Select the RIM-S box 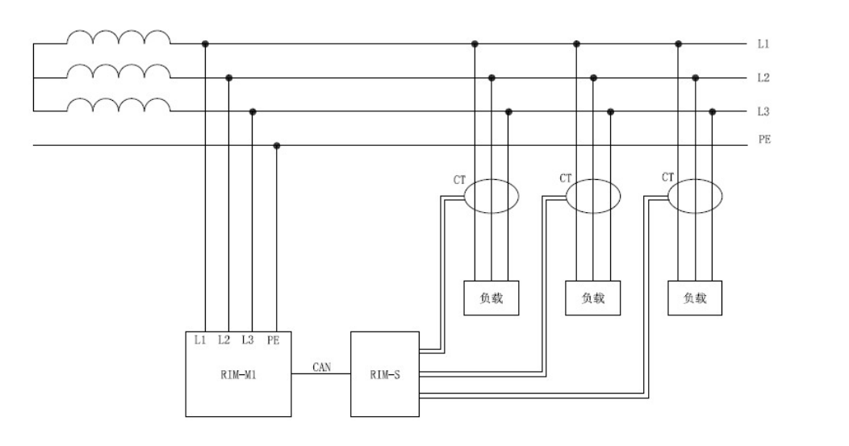[x=385, y=373]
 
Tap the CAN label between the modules [x=320, y=368]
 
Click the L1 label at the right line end [x=763, y=44]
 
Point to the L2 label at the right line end [x=763, y=77]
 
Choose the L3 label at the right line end [x=763, y=111]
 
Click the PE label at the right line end [x=763, y=140]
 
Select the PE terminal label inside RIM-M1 [x=274, y=340]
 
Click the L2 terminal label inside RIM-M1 [x=225, y=340]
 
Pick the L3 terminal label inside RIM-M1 [x=249, y=340]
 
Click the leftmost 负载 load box [x=491, y=298]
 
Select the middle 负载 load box [x=593, y=298]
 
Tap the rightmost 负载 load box [x=695, y=298]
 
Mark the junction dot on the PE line [x=277, y=146]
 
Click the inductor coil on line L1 [x=118, y=38]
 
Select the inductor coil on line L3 [x=118, y=105]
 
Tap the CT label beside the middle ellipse [x=566, y=177]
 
